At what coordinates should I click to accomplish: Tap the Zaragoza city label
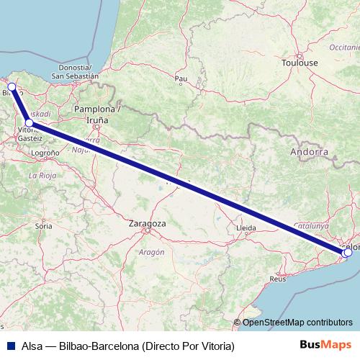click(147, 224)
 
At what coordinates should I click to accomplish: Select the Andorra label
click(309, 153)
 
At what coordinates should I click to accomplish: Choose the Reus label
click(278, 278)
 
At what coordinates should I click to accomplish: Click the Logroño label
click(45, 153)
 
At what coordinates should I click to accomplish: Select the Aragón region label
click(153, 252)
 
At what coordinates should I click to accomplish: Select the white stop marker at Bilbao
click(12, 86)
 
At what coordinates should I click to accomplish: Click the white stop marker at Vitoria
click(29, 122)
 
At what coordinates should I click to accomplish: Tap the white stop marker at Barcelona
click(348, 252)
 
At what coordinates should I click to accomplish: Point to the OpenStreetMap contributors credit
click(297, 323)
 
